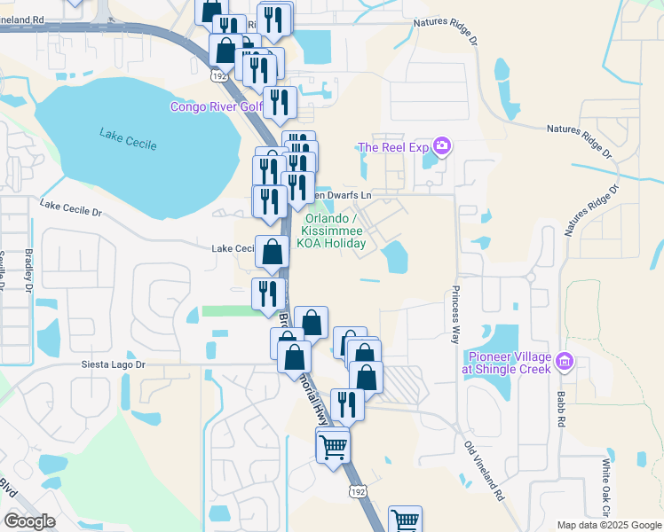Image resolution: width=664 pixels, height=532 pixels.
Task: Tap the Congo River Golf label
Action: tap(217, 107)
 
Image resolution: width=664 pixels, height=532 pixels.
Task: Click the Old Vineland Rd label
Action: tap(486, 470)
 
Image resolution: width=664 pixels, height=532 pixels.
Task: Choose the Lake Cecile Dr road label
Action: tap(71, 208)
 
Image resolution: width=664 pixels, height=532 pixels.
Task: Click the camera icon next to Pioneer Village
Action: tap(565, 362)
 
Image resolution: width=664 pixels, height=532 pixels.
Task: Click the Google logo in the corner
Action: tap(30, 521)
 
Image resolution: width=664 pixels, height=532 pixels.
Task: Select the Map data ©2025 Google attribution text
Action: tap(608, 525)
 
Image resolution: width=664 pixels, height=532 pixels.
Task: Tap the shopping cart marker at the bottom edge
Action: tap(405, 520)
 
